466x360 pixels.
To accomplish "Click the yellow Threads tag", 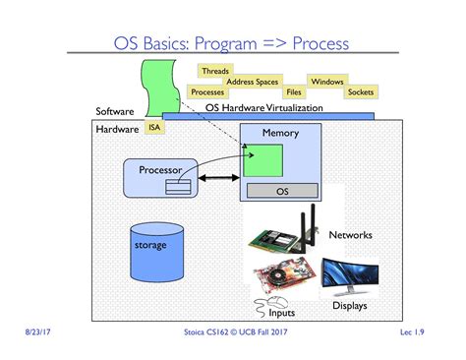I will (214, 71).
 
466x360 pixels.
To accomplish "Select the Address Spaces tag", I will (253, 82).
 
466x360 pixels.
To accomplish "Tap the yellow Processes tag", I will (207, 92).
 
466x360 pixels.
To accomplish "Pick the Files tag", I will (292, 92).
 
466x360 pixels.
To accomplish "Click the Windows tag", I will (325, 82).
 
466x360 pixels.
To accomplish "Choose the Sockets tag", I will (361, 92).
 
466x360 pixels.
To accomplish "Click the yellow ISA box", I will (153, 127).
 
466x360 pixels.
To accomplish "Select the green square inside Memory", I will (263, 160).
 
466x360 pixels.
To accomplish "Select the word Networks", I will (352, 235).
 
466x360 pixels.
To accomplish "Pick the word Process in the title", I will (314, 43).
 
